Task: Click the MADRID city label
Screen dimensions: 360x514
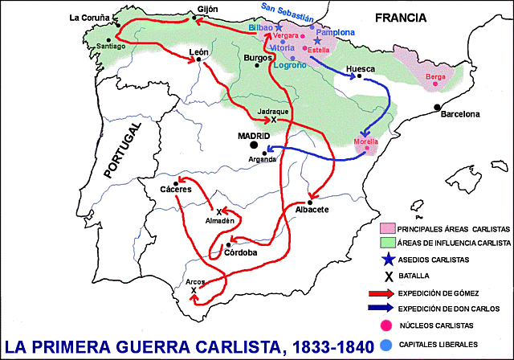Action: click(252, 136)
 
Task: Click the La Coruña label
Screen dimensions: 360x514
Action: click(88, 17)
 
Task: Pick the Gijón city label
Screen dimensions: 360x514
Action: click(207, 10)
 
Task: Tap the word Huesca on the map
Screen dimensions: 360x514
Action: click(360, 69)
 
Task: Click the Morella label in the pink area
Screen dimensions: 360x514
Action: click(369, 141)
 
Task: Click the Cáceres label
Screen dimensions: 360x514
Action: click(175, 190)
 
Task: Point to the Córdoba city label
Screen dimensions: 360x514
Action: click(242, 252)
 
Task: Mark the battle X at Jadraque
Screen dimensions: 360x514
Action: click(274, 120)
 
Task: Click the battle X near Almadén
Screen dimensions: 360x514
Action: click(218, 211)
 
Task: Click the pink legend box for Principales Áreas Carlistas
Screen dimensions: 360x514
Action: click(390, 227)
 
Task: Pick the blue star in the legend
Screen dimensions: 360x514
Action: click(390, 259)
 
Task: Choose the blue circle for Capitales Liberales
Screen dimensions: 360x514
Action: click(389, 343)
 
